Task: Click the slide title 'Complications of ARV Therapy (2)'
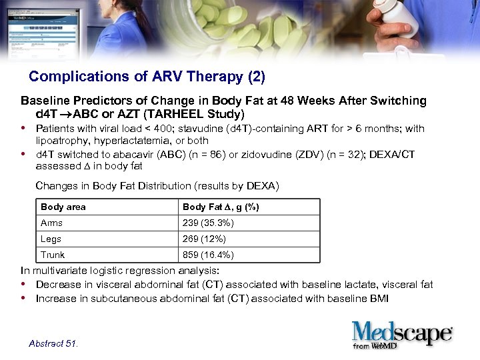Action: (147, 77)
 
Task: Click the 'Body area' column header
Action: (63, 207)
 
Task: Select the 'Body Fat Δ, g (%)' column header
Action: (221, 207)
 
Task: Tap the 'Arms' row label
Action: (52, 223)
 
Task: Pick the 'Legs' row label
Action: (51, 239)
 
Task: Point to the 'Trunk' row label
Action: (53, 255)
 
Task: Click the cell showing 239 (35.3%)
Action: (208, 223)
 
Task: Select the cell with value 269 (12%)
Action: (204, 239)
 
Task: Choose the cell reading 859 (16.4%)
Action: (208, 255)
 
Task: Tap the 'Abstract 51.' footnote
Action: (53, 343)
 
